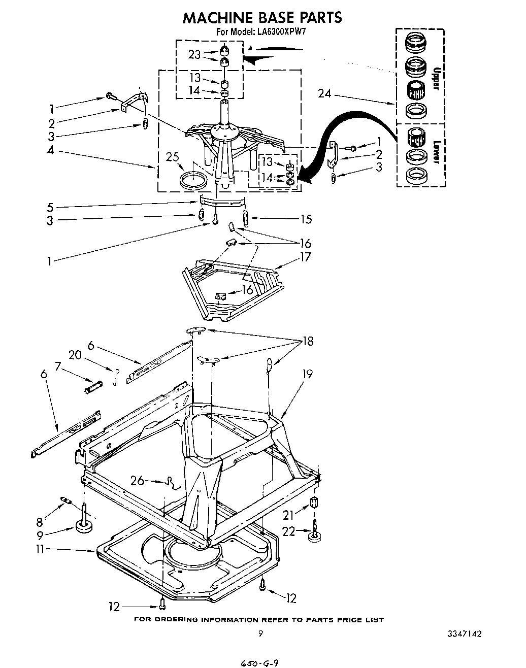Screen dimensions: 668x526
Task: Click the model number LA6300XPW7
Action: pyautogui.click(x=283, y=31)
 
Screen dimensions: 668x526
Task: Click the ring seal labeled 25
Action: pyautogui.click(x=193, y=180)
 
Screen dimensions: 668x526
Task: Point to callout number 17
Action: pyautogui.click(x=305, y=257)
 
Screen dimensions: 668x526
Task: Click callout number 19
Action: pyautogui.click(x=307, y=374)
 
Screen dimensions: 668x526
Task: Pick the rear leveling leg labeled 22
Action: pyautogui.click(x=316, y=532)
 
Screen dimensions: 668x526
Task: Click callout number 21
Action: pyautogui.click(x=288, y=515)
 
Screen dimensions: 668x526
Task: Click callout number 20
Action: pyautogui.click(x=75, y=355)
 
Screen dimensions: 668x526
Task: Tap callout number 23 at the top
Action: pyautogui.click(x=194, y=54)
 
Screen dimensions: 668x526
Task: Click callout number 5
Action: pyautogui.click(x=50, y=207)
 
